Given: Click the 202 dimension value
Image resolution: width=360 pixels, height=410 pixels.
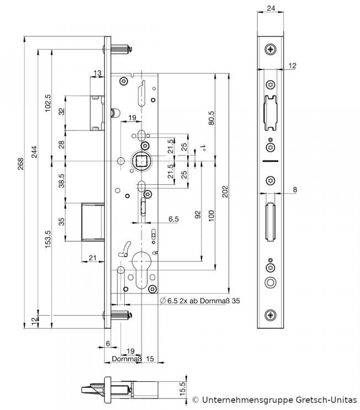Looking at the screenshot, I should [x=225, y=191].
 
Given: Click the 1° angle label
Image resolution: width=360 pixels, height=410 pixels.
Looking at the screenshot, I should [x=203, y=148].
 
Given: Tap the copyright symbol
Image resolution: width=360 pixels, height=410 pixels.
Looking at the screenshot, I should [x=195, y=400].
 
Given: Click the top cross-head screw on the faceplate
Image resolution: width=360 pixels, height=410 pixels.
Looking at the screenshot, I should [x=270, y=50].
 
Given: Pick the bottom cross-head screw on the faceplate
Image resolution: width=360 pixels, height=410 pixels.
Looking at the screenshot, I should [x=270, y=315].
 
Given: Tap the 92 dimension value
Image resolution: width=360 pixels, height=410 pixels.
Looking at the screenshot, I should [x=198, y=215].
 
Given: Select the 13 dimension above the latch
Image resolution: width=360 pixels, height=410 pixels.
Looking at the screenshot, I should [x=97, y=73].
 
